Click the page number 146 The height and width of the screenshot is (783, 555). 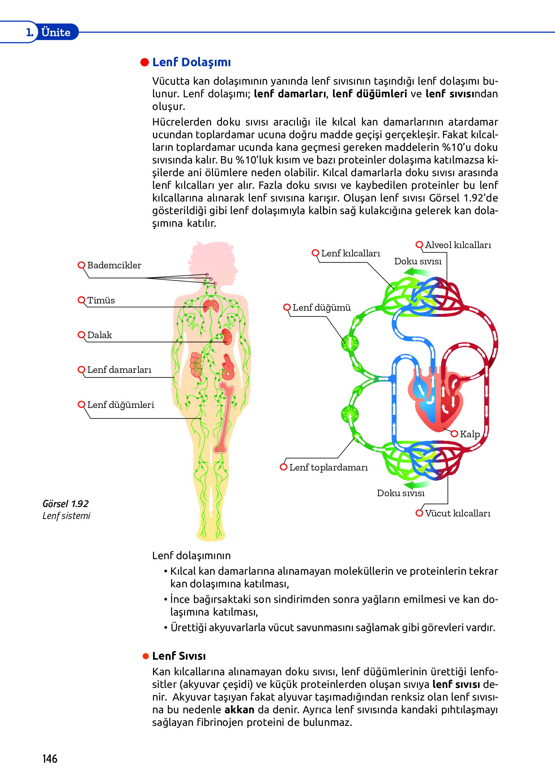(x=50, y=758)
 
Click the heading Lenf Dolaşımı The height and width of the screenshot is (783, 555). (x=191, y=62)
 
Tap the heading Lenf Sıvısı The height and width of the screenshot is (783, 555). (x=179, y=656)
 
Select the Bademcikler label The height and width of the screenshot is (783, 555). (x=114, y=265)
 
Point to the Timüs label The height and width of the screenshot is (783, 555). (x=101, y=300)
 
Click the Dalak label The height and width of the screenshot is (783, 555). (x=99, y=335)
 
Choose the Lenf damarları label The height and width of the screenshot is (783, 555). (x=119, y=370)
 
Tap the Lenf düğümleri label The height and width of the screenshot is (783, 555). (x=120, y=405)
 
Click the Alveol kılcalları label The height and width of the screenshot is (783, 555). (x=458, y=245)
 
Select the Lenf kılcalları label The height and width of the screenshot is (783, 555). (x=350, y=253)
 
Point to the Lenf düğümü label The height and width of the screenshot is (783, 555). (x=321, y=307)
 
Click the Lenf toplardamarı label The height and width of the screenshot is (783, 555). (x=328, y=467)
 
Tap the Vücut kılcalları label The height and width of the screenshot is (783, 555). (x=457, y=513)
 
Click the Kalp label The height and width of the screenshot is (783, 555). (x=470, y=434)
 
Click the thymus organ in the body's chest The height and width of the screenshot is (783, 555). (x=211, y=306)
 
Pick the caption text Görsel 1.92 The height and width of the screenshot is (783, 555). (x=65, y=504)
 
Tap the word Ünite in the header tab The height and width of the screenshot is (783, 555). (x=56, y=32)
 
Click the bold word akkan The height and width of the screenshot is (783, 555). (x=239, y=710)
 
